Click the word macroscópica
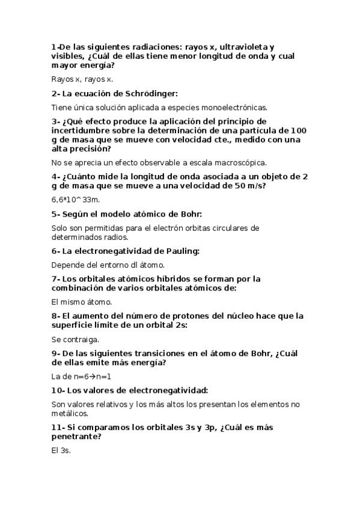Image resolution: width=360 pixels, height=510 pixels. pos(240,162)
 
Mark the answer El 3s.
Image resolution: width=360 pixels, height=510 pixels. pos(61,450)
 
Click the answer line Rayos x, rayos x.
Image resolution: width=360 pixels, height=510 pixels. pos(82,79)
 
